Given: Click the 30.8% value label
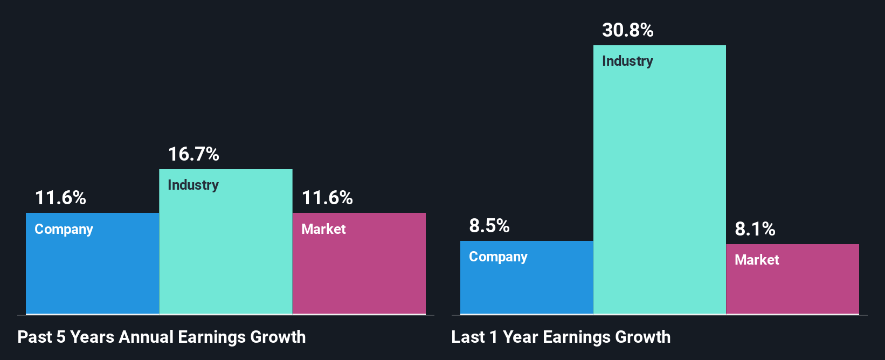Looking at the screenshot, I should click(627, 30).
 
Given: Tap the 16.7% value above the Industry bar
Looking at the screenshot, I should click(193, 155).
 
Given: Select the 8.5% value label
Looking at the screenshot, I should click(489, 226).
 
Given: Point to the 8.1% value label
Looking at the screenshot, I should click(755, 230).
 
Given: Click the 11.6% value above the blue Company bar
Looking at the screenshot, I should click(60, 198).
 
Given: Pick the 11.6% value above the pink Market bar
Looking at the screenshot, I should click(327, 198).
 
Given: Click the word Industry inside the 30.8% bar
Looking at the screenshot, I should click(627, 61).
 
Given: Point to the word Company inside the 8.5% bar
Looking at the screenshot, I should click(498, 257).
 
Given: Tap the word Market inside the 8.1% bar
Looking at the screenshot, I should click(757, 260).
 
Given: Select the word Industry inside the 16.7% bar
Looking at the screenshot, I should click(193, 185).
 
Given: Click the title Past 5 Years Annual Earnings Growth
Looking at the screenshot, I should click(161, 337).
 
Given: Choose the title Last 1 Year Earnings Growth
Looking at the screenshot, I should click(561, 337).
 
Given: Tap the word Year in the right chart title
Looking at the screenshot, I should click(521, 337).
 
